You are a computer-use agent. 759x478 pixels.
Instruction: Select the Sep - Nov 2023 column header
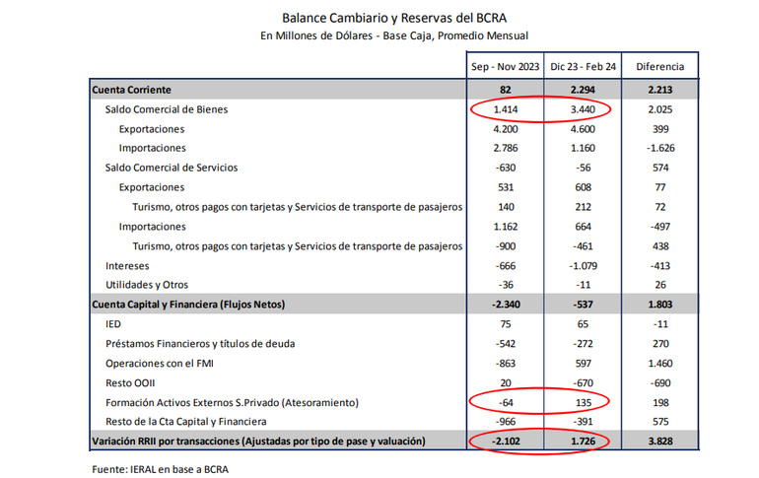point(506,67)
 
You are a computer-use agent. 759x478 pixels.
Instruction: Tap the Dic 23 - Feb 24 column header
point(585,67)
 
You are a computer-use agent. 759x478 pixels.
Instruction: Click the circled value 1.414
point(506,109)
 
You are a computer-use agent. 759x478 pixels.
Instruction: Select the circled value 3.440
point(585,109)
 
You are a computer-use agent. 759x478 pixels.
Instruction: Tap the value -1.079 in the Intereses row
point(585,265)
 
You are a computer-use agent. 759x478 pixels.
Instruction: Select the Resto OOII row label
point(130,382)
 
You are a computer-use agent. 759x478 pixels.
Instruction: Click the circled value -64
point(506,402)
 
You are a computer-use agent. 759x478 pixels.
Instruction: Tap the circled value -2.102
point(506,441)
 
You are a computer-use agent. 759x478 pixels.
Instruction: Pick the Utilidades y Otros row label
point(146,285)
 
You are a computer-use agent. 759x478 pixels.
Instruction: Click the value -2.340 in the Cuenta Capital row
point(506,305)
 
